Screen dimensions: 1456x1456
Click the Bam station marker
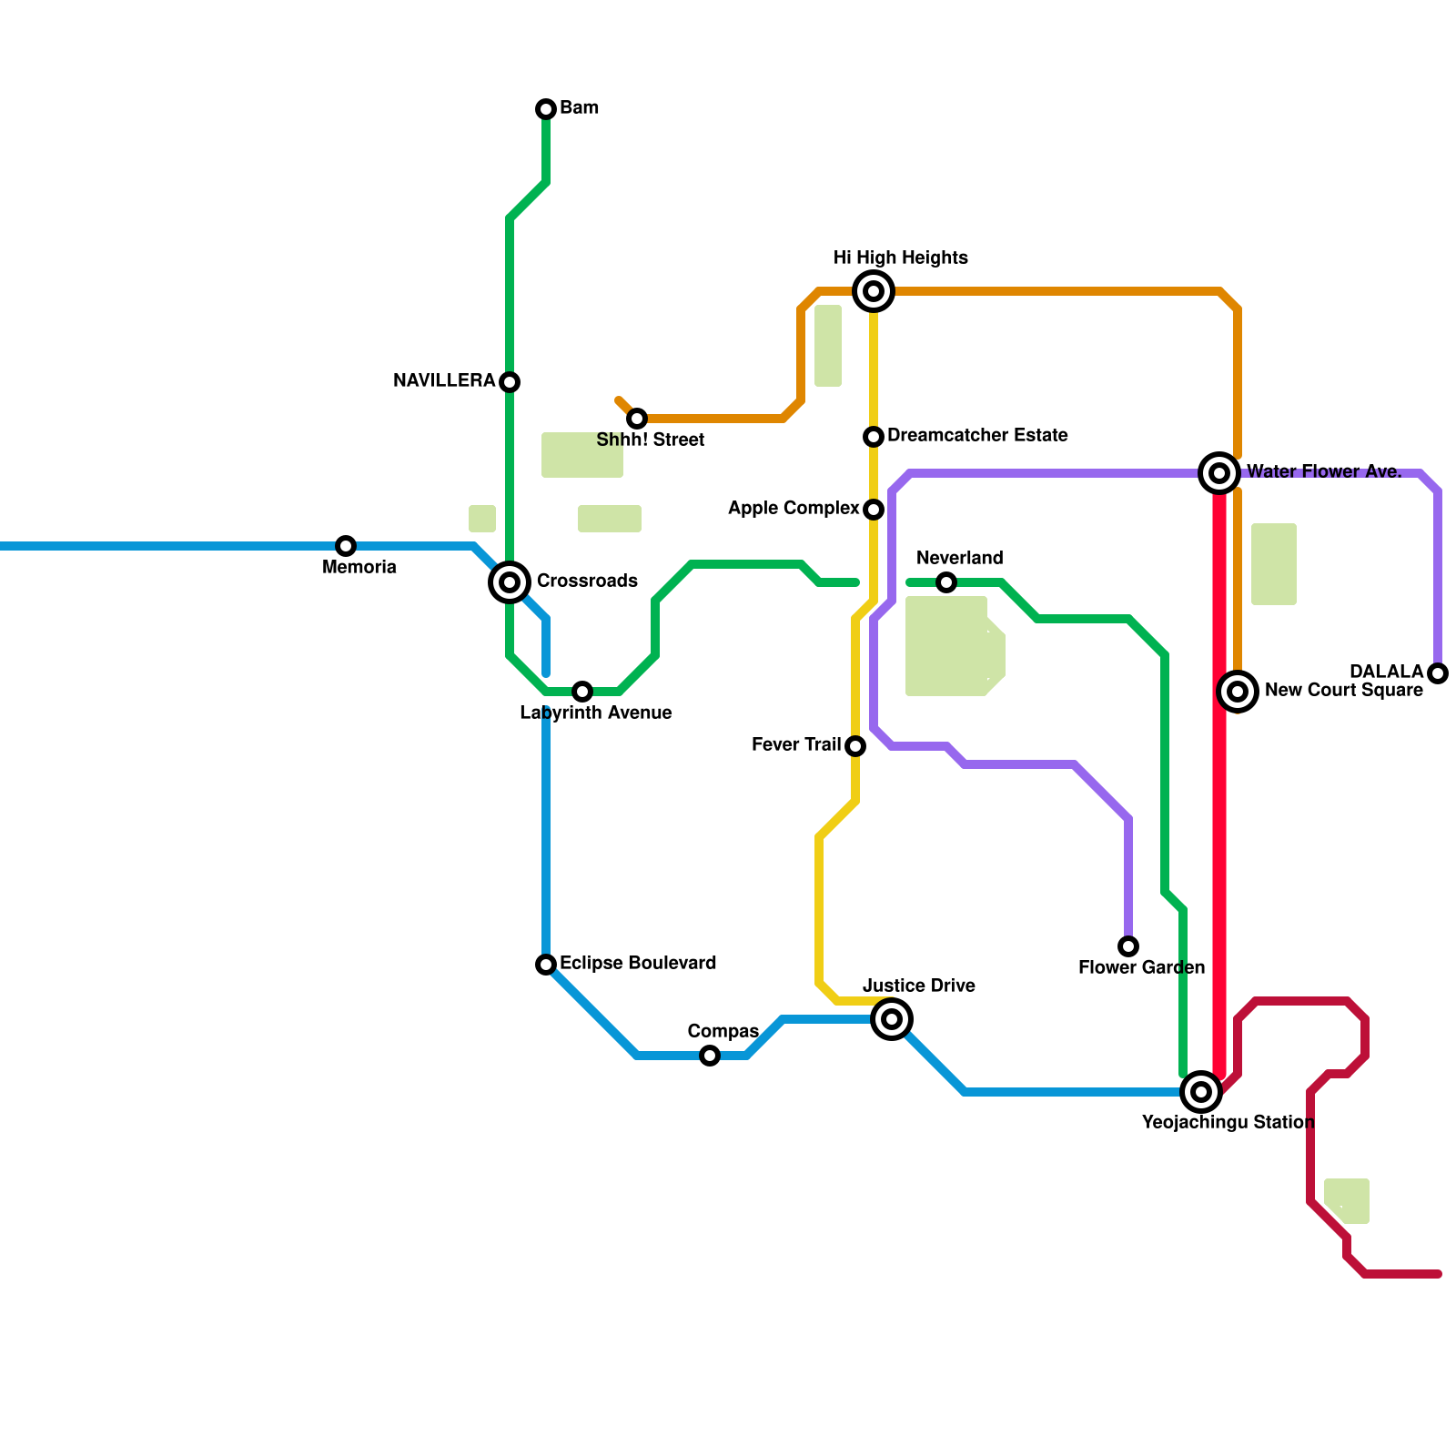point(546,109)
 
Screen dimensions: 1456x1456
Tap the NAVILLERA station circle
point(510,382)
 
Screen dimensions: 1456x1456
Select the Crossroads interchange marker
point(510,582)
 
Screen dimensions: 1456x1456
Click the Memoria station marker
point(346,546)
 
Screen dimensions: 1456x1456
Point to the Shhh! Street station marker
point(637,419)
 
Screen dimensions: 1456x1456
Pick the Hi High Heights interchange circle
point(874,291)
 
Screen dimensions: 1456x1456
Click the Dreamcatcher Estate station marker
point(874,437)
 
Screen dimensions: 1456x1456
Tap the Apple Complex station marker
point(874,510)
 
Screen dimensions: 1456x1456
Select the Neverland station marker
point(946,582)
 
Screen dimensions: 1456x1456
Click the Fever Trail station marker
point(855,746)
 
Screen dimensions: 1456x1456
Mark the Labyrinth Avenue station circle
point(582,692)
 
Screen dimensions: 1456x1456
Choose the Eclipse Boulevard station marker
point(546,965)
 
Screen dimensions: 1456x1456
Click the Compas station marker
point(710,1056)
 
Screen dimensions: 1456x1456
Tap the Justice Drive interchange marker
point(892,1019)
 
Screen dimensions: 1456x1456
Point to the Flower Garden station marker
point(1128,946)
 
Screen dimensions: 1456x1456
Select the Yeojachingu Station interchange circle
point(1201,1092)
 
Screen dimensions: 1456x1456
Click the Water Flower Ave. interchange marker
point(1219,473)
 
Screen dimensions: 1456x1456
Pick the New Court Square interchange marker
point(1238,692)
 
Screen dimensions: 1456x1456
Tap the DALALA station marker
point(1438,673)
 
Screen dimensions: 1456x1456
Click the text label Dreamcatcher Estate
point(977,436)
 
